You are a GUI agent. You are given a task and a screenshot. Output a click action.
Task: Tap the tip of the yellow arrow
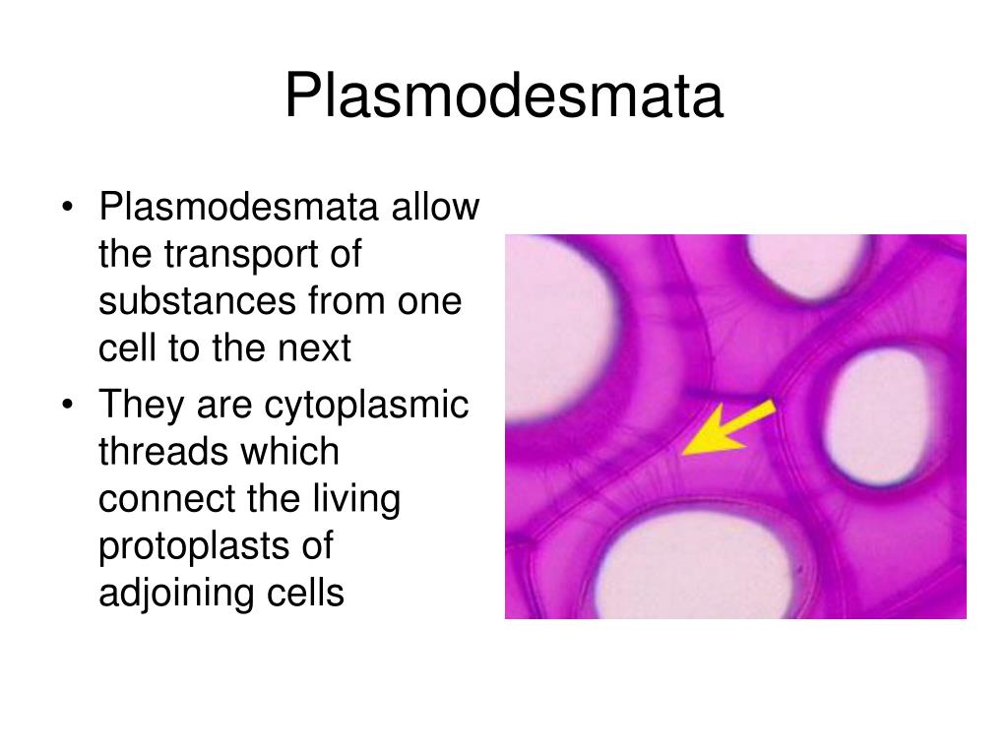tap(685, 452)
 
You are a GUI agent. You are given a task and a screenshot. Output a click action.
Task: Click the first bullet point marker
tap(67, 209)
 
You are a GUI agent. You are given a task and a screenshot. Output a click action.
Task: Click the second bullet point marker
tap(67, 406)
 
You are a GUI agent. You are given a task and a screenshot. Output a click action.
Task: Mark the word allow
tap(437, 208)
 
